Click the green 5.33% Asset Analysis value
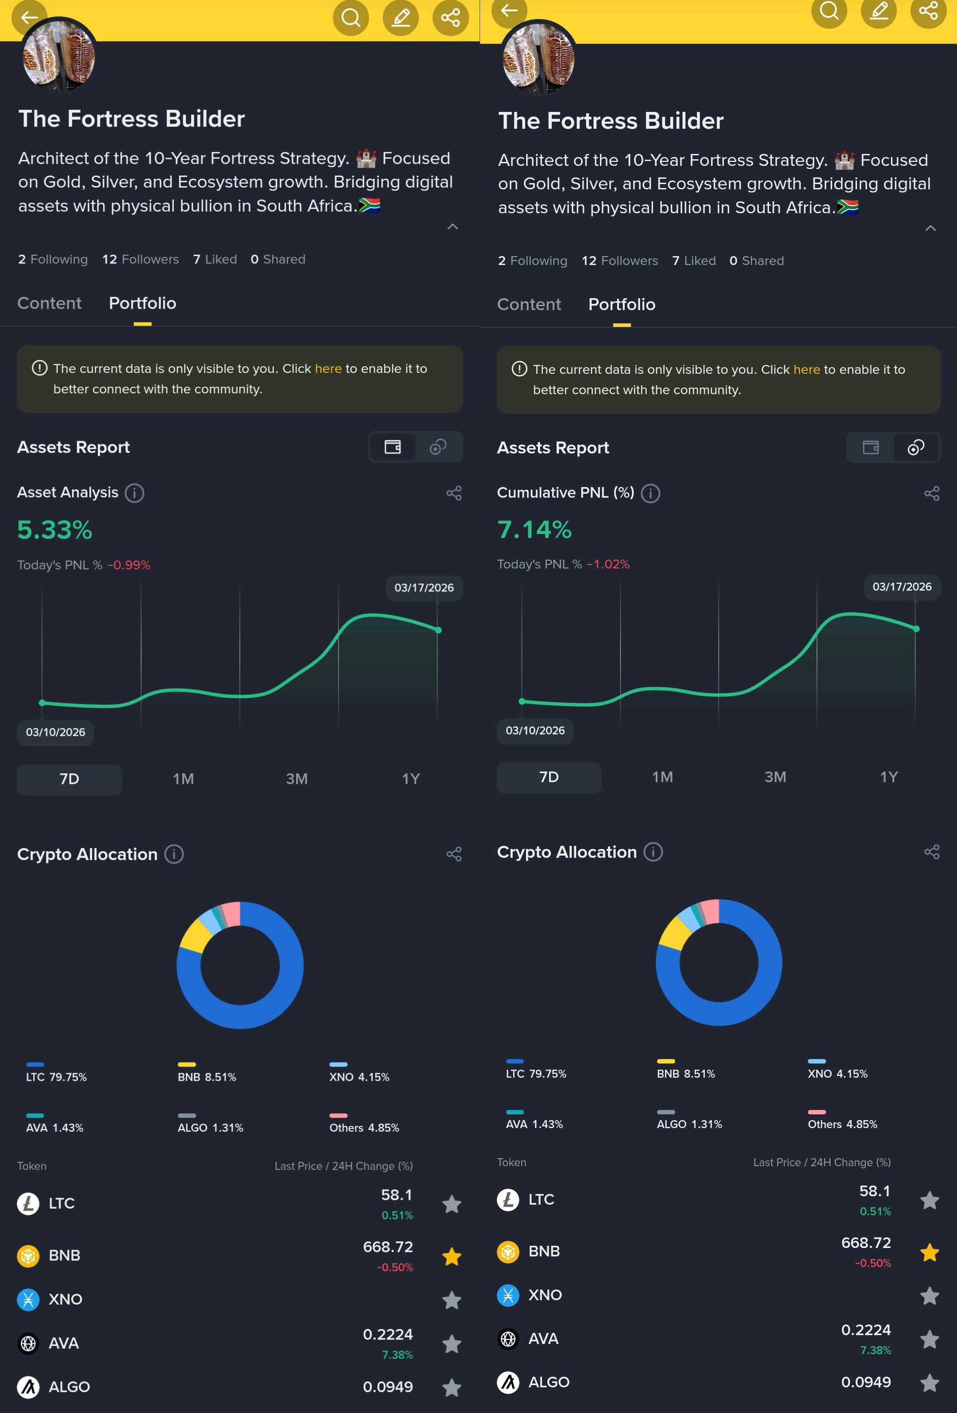[x=55, y=530]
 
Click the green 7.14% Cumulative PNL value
[x=534, y=530]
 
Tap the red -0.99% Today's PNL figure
[x=129, y=565]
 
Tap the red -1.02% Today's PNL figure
[x=608, y=564]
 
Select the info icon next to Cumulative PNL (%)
[x=650, y=493]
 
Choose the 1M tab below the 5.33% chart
[x=183, y=779]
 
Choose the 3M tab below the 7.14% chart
[x=775, y=777]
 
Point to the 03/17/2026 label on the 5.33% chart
[x=424, y=588]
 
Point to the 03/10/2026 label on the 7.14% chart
[x=535, y=731]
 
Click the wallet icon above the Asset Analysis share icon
[x=393, y=448]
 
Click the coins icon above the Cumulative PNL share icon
[x=916, y=448]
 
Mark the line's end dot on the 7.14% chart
[x=916, y=629]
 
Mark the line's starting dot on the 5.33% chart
[x=42, y=703]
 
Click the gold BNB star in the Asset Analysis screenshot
[x=452, y=1256]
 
